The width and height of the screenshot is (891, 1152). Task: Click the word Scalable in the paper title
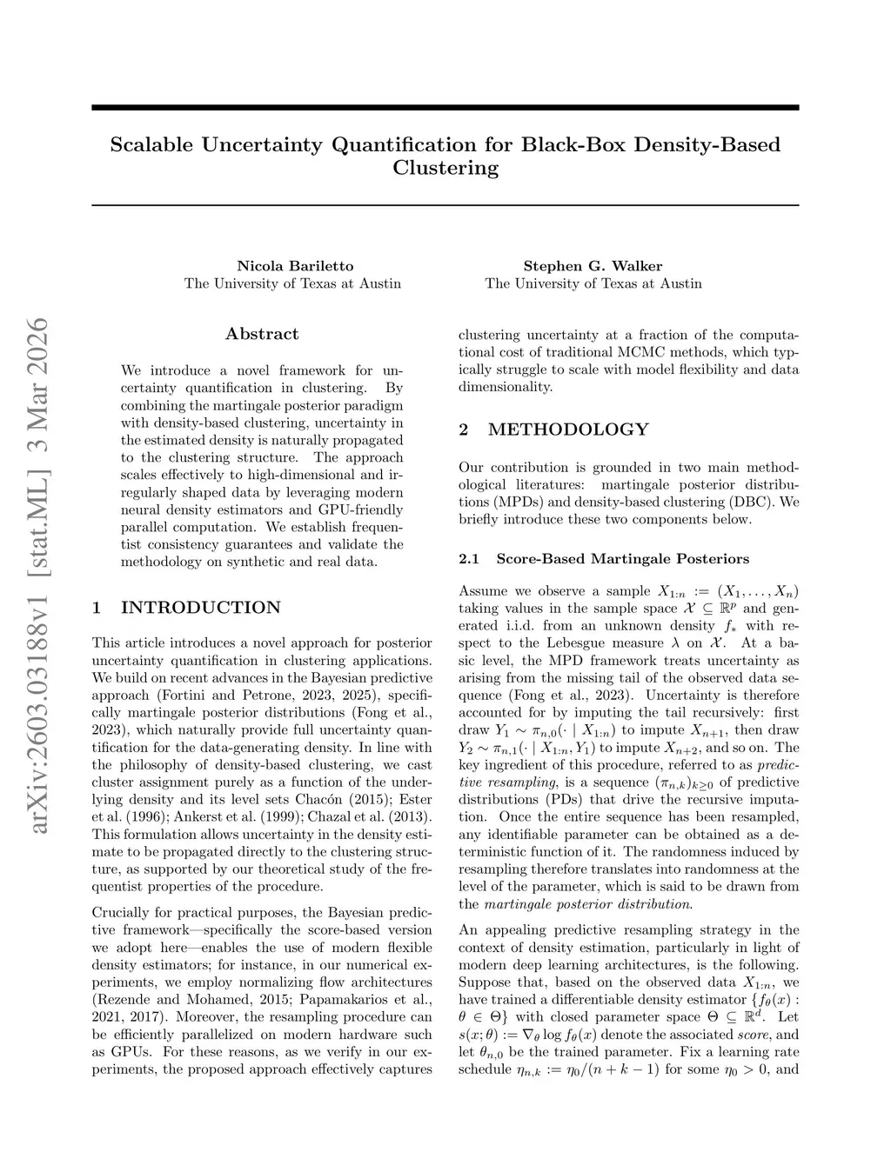pyautogui.click(x=152, y=144)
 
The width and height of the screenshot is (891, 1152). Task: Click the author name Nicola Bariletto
pyautogui.click(x=295, y=266)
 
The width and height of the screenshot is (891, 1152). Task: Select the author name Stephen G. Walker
pyautogui.click(x=593, y=266)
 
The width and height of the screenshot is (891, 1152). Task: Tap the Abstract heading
pyautogui.click(x=262, y=334)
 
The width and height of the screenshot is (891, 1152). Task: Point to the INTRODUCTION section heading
pyautogui.click(x=201, y=608)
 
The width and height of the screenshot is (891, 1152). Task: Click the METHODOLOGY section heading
pyautogui.click(x=568, y=430)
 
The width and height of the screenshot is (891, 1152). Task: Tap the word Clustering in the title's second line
pyautogui.click(x=445, y=168)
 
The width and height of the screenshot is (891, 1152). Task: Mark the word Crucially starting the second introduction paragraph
pyautogui.click(x=122, y=913)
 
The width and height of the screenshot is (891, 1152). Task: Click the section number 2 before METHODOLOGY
pyautogui.click(x=464, y=430)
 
